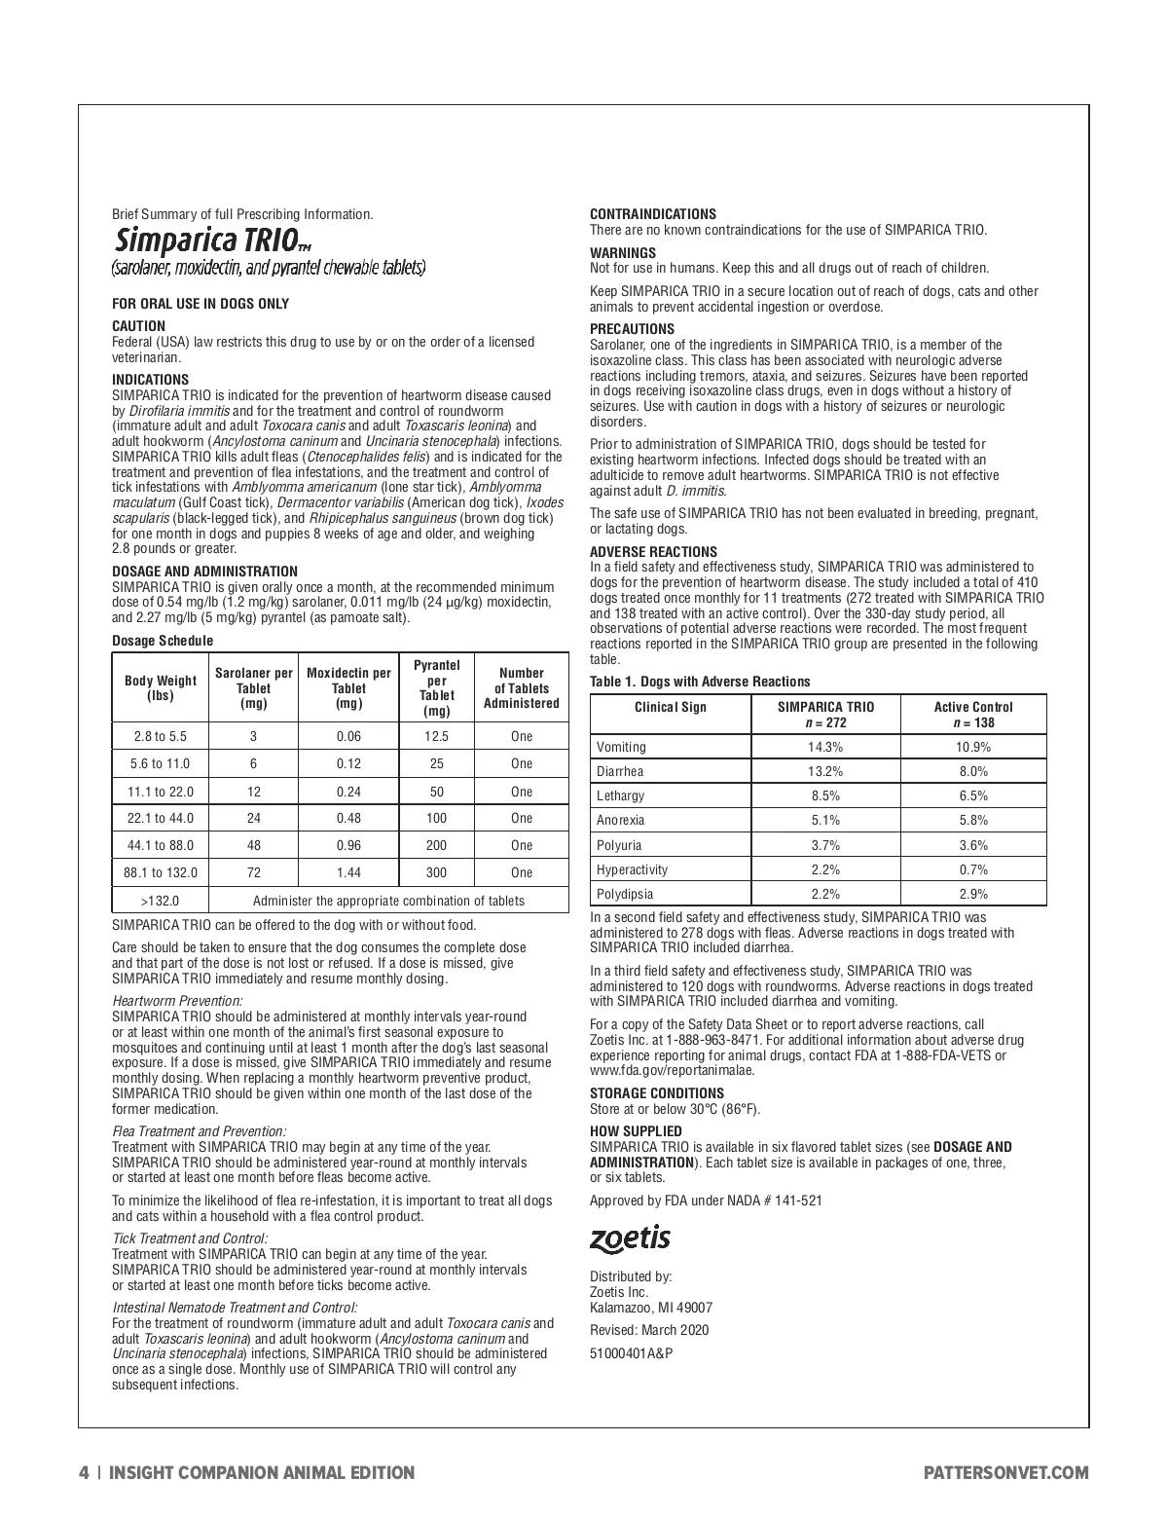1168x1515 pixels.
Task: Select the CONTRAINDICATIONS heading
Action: (x=653, y=214)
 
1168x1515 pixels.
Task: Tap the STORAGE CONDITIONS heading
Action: (x=657, y=1093)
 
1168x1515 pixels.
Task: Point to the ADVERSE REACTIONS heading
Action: (x=653, y=551)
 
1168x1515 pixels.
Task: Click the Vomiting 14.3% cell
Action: (x=825, y=747)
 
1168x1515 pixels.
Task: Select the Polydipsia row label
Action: (x=625, y=894)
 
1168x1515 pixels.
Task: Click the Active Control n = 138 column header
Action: (x=972, y=715)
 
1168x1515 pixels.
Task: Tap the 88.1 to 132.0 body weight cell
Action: (x=161, y=872)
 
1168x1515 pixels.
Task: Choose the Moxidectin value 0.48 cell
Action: (x=348, y=818)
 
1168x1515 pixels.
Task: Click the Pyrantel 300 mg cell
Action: (x=436, y=872)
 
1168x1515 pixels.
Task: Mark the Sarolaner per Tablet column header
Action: (x=253, y=688)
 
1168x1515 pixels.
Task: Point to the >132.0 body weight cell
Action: (x=161, y=901)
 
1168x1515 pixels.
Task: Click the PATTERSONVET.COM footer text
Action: (x=1005, y=1473)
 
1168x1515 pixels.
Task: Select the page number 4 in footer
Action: (x=85, y=1473)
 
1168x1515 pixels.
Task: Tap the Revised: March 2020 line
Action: (x=649, y=1330)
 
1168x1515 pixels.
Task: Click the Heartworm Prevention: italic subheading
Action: (x=177, y=1001)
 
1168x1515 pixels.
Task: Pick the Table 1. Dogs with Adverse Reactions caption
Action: (x=700, y=682)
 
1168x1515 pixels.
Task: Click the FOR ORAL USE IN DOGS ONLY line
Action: (x=201, y=304)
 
